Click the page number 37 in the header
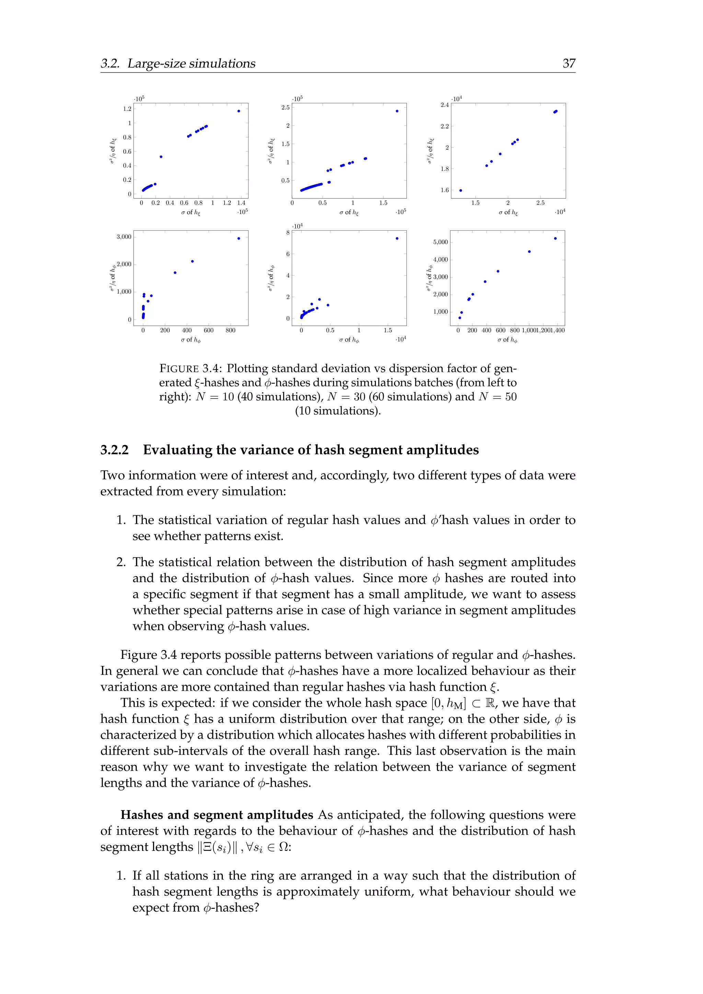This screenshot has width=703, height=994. coord(568,63)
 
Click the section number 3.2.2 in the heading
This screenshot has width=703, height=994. coord(114,450)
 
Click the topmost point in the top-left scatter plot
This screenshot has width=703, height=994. coord(239,111)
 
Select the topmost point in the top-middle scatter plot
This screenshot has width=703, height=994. coord(397,111)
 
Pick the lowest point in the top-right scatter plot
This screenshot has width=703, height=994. coord(460,190)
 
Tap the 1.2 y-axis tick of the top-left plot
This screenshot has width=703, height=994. coord(127,109)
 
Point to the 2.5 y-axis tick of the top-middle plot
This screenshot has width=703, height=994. coord(285,107)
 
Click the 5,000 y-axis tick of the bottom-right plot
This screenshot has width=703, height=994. coord(440,242)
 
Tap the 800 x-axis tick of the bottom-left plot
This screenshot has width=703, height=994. coord(230,330)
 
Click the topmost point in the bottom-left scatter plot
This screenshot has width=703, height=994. coord(239,238)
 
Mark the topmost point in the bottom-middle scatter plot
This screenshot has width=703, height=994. coord(397,238)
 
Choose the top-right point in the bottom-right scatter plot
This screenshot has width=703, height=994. coord(555,238)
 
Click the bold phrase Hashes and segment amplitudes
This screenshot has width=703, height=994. coord(217,815)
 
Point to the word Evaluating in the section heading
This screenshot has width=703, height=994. coord(178,450)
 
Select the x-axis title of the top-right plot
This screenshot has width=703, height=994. coord(508,212)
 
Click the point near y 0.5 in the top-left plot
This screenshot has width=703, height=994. coord(161,157)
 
